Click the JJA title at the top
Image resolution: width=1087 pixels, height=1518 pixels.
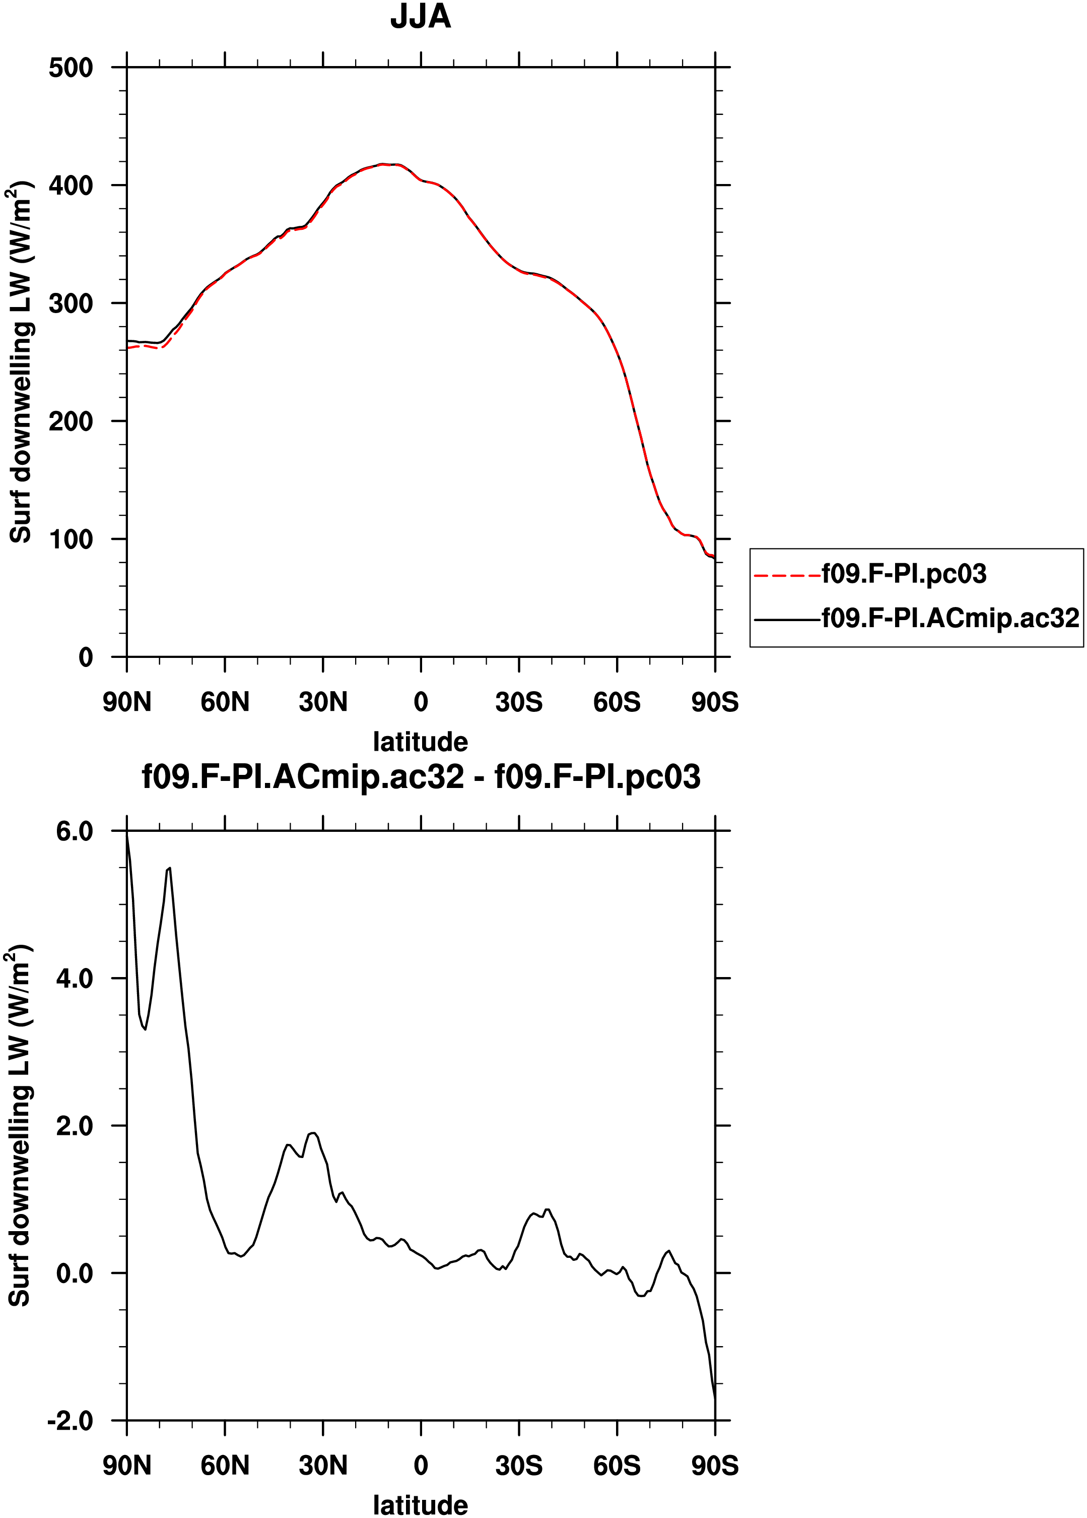click(x=421, y=17)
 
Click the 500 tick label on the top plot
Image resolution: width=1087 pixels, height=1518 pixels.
click(x=71, y=68)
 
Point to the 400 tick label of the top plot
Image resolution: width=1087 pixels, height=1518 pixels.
click(x=71, y=186)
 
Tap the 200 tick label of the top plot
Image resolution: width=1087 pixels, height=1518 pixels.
click(x=71, y=421)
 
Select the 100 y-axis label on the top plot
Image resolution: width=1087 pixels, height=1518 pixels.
click(x=71, y=539)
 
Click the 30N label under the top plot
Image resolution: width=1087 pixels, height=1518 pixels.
click(x=323, y=702)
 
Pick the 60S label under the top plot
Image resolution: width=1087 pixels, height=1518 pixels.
click(x=617, y=702)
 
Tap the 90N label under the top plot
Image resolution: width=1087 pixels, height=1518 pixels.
click(x=127, y=702)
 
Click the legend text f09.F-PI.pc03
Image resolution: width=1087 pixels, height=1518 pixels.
click(x=904, y=574)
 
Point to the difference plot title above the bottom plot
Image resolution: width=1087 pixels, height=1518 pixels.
click(x=422, y=777)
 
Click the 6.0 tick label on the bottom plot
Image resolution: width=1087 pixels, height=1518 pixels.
click(x=74, y=831)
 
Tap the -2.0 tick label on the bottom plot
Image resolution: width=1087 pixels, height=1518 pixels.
click(x=70, y=1420)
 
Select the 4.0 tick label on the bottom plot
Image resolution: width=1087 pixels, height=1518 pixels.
click(x=74, y=979)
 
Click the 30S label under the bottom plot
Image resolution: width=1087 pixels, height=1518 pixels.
click(x=519, y=1465)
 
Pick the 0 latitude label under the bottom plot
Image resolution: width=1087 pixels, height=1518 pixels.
click(x=421, y=1465)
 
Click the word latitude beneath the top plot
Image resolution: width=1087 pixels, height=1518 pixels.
click(x=421, y=742)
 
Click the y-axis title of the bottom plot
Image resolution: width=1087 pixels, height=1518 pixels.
click(x=20, y=1126)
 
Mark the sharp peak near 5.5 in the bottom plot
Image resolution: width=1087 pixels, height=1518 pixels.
click(x=170, y=868)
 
